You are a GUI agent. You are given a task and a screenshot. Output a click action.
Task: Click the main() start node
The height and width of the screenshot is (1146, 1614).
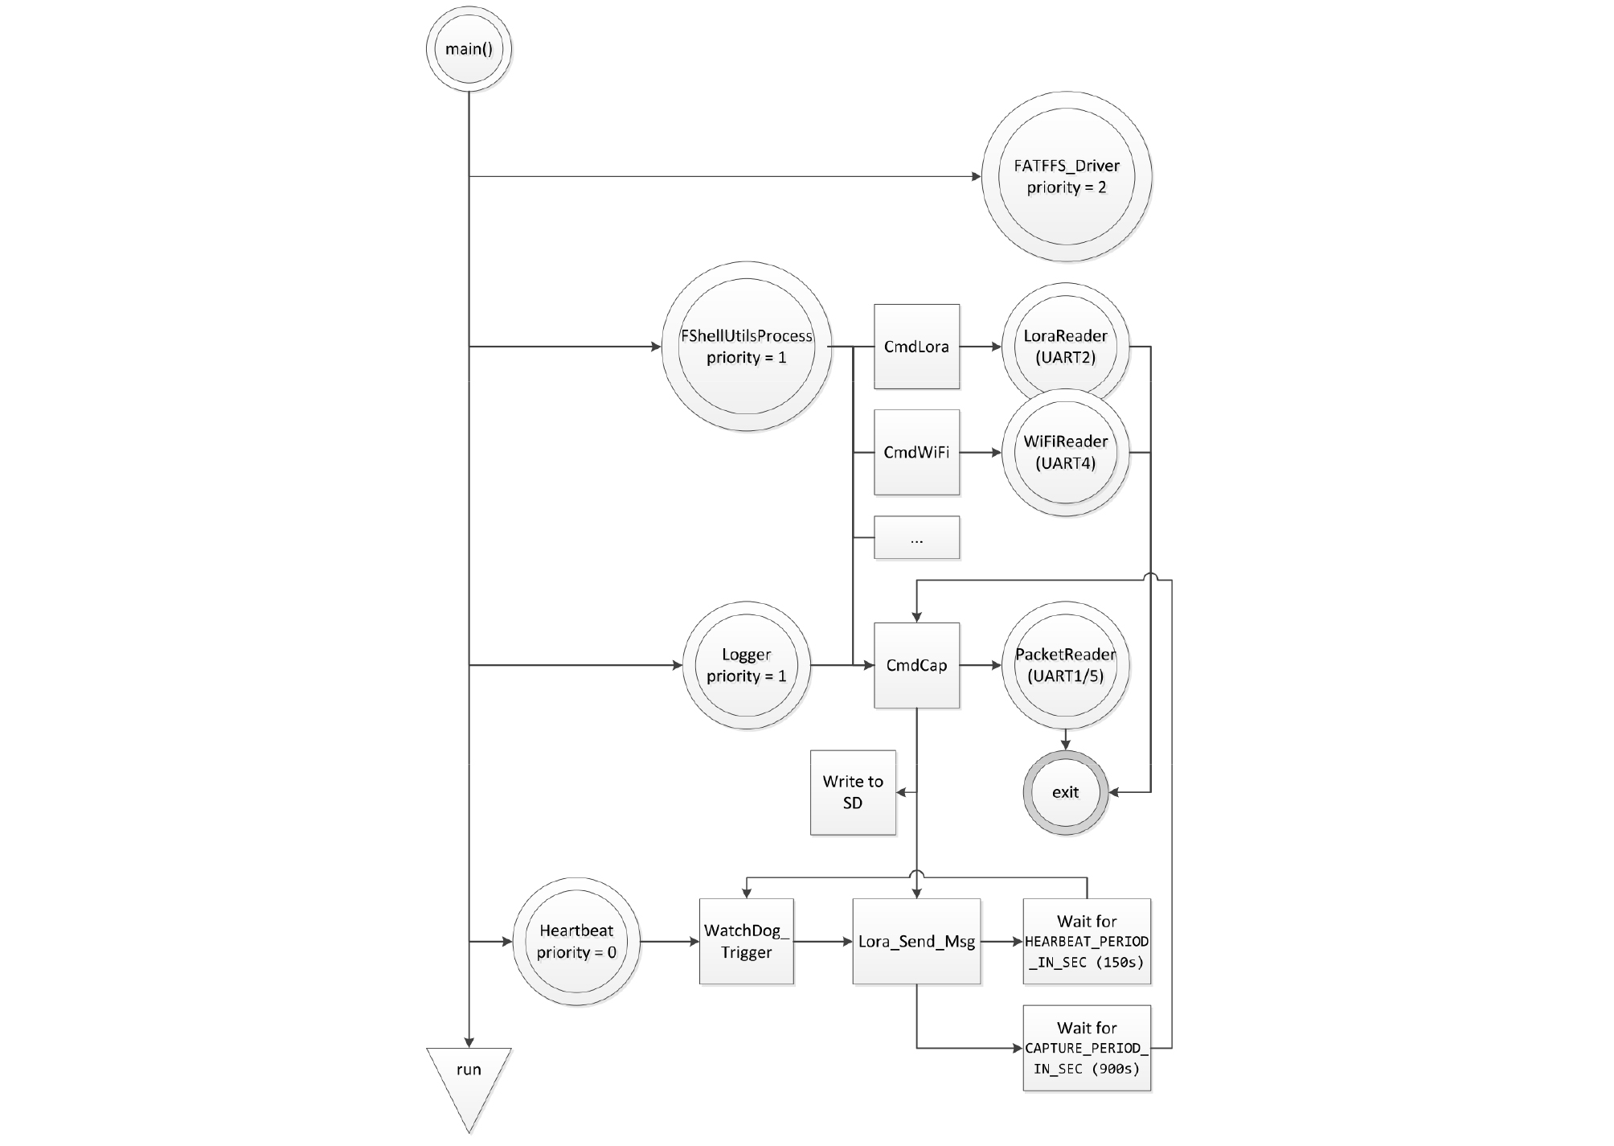(469, 49)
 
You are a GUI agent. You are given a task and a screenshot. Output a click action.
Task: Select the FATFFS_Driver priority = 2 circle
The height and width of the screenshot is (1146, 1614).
(1066, 176)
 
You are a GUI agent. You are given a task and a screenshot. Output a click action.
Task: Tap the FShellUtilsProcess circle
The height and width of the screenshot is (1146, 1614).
(747, 347)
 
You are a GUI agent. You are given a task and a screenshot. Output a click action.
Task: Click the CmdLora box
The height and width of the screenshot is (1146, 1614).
(916, 347)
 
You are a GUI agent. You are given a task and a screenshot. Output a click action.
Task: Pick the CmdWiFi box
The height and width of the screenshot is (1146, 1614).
(916, 452)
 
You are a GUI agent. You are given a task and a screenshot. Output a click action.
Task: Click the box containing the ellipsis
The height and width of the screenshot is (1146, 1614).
(916, 537)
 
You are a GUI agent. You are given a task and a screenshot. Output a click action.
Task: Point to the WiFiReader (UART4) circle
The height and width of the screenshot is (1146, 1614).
(1065, 452)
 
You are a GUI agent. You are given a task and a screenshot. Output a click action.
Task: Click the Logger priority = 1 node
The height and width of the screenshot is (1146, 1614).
(747, 665)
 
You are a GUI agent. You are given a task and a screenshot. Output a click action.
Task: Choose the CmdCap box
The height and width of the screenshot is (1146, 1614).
(916, 665)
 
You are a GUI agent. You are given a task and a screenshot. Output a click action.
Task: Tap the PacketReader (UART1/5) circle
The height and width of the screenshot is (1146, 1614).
(1065, 665)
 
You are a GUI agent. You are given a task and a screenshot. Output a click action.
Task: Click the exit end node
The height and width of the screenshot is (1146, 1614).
(1065, 792)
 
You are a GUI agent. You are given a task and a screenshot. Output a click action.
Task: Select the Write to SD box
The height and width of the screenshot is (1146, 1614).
(853, 792)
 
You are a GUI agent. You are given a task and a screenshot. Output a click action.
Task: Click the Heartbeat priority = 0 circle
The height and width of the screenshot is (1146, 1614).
(576, 941)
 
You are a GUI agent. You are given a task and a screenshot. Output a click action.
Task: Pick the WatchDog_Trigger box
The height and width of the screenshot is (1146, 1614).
(747, 941)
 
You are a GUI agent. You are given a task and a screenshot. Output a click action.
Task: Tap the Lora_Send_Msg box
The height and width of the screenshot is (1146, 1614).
(916, 941)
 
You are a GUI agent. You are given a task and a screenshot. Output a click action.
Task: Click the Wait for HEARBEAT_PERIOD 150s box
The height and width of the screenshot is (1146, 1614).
(1087, 941)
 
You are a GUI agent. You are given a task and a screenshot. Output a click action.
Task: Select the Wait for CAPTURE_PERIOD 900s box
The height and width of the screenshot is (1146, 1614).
(1087, 1048)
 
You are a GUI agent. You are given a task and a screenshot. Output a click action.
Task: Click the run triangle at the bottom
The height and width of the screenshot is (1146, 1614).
(469, 1078)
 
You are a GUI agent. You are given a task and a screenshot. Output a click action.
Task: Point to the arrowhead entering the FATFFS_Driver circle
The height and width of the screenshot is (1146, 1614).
(975, 176)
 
